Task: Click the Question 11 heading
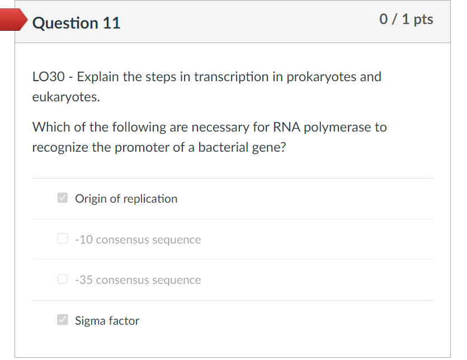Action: point(76,23)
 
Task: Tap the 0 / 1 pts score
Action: point(406,20)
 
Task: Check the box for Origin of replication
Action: point(63,198)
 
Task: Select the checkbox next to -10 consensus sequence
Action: point(63,239)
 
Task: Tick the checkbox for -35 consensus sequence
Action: point(63,279)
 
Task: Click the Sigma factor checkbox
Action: point(63,320)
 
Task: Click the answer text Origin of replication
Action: point(126,199)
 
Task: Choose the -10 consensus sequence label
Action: point(138,240)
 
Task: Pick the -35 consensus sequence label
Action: point(138,280)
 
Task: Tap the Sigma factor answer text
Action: point(107,321)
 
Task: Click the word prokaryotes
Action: point(321,77)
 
